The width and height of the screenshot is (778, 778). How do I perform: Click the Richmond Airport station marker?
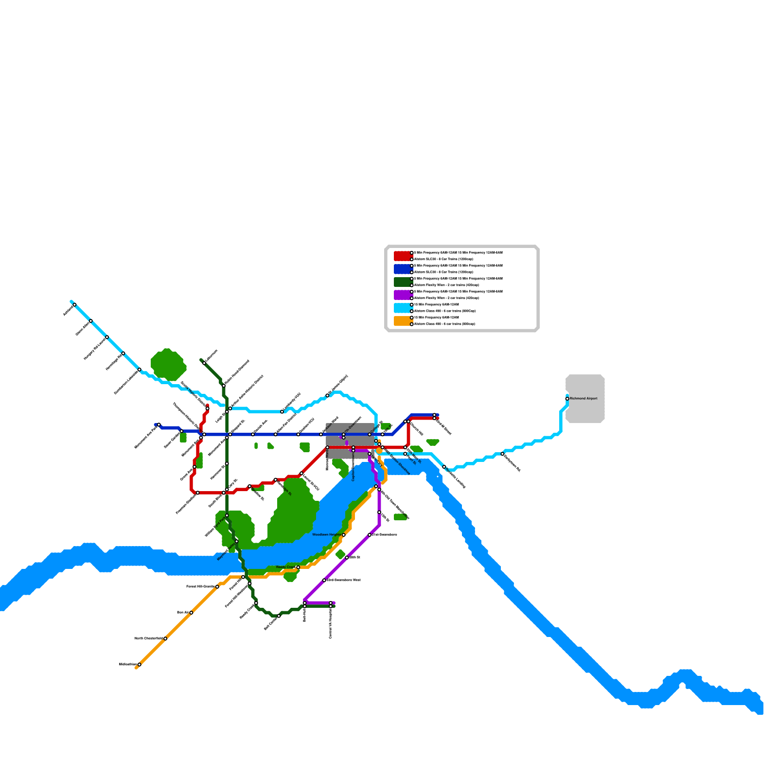tap(567, 399)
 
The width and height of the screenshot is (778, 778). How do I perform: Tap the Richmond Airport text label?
tap(583, 399)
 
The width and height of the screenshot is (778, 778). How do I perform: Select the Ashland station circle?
tap(74, 305)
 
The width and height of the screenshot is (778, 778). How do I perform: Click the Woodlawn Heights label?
tap(326, 535)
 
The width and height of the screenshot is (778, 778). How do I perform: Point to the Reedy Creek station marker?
tap(298, 567)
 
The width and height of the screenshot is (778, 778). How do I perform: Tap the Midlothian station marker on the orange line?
tap(139, 665)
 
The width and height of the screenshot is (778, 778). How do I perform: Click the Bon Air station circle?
tap(191, 613)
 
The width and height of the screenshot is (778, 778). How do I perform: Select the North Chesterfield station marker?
tap(165, 638)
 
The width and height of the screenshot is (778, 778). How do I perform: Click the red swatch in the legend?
tap(403, 256)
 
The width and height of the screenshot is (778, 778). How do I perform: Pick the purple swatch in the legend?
tap(403, 295)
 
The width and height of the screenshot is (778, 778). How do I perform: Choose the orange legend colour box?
tap(403, 321)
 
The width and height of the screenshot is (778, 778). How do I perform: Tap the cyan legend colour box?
tap(403, 308)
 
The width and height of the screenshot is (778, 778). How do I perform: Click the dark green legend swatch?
tap(403, 282)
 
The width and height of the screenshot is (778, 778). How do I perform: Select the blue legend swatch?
tap(403, 269)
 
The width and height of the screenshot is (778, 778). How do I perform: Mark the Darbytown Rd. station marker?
tap(502, 454)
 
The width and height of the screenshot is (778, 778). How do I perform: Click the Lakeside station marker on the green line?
tap(204, 363)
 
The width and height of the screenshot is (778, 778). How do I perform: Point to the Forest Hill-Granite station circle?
tap(217, 587)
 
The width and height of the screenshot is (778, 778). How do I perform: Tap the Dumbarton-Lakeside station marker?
tap(140, 370)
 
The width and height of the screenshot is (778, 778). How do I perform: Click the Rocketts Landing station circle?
tap(444, 467)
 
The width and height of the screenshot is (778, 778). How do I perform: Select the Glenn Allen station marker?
tap(90, 321)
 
